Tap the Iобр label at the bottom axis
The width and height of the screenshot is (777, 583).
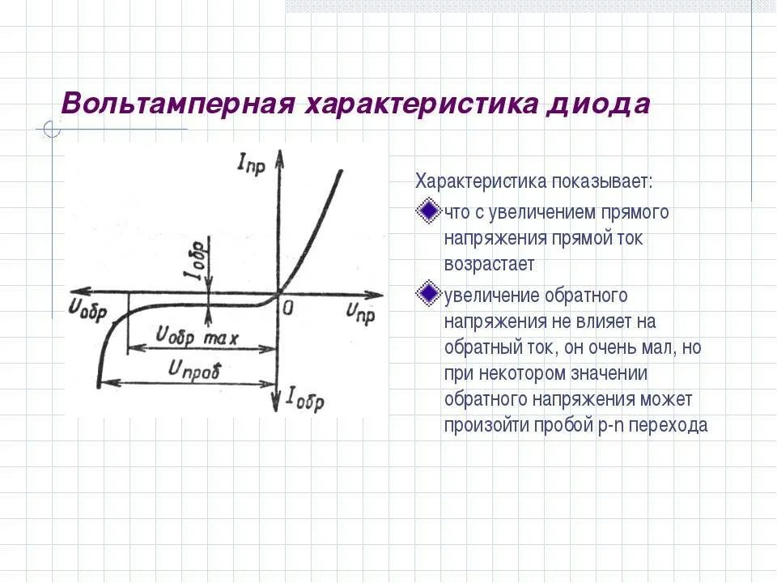tap(305, 398)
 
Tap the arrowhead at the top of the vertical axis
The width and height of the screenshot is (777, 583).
tap(278, 156)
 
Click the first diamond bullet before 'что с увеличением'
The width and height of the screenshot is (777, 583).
tap(427, 212)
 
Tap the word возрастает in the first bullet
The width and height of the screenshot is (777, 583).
tap(489, 264)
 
